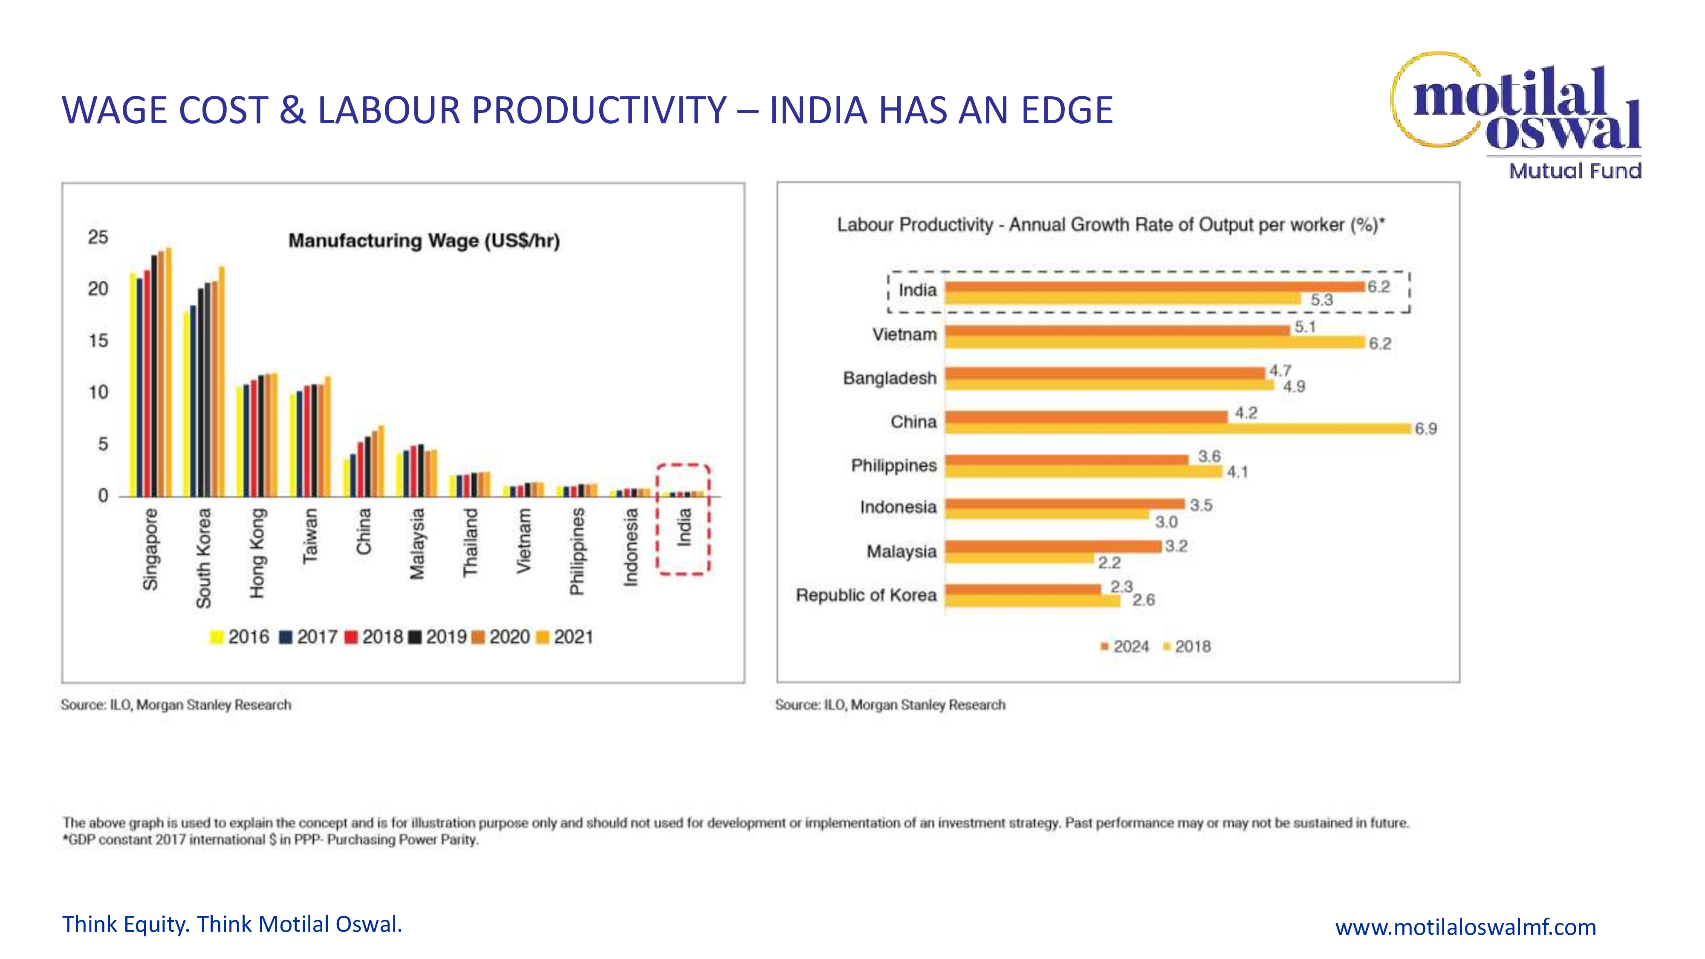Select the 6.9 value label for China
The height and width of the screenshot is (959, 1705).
tap(1426, 429)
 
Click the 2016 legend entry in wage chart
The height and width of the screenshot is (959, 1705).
tap(240, 637)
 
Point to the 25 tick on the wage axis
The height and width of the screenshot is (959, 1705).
tap(98, 237)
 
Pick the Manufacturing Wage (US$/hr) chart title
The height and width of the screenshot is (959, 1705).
tap(424, 240)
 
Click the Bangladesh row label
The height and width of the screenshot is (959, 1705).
tap(890, 378)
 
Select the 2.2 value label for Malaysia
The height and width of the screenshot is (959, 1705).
tap(1109, 563)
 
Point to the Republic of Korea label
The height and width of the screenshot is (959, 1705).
tap(866, 595)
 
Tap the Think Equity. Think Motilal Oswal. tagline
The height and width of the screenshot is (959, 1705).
tap(232, 924)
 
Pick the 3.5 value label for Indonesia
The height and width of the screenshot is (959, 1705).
tap(1201, 505)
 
